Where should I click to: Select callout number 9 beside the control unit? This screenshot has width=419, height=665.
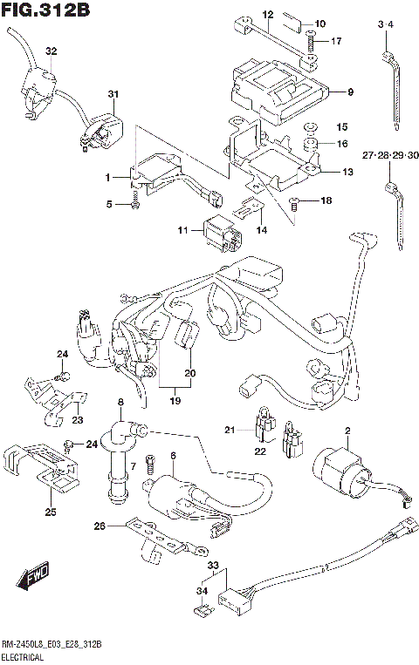coord(348,92)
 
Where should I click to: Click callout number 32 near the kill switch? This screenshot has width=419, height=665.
coord(51,51)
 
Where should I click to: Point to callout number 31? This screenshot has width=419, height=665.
coord(112,94)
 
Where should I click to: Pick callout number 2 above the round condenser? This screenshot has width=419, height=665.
coord(347,431)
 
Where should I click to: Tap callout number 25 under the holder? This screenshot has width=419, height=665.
coord(51,512)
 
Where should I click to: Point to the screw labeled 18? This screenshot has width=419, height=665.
coord(293,204)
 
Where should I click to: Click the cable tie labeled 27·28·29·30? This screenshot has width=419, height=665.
coord(393,200)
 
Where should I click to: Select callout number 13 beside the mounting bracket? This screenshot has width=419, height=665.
coord(347,172)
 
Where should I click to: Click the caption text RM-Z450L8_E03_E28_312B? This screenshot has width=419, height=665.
coord(52,644)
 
